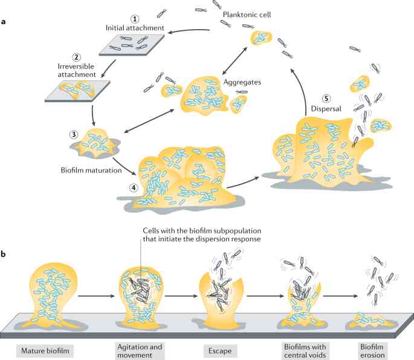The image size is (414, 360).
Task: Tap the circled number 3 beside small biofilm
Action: pos(74,134)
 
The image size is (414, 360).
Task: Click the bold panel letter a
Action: pos(5,22)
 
